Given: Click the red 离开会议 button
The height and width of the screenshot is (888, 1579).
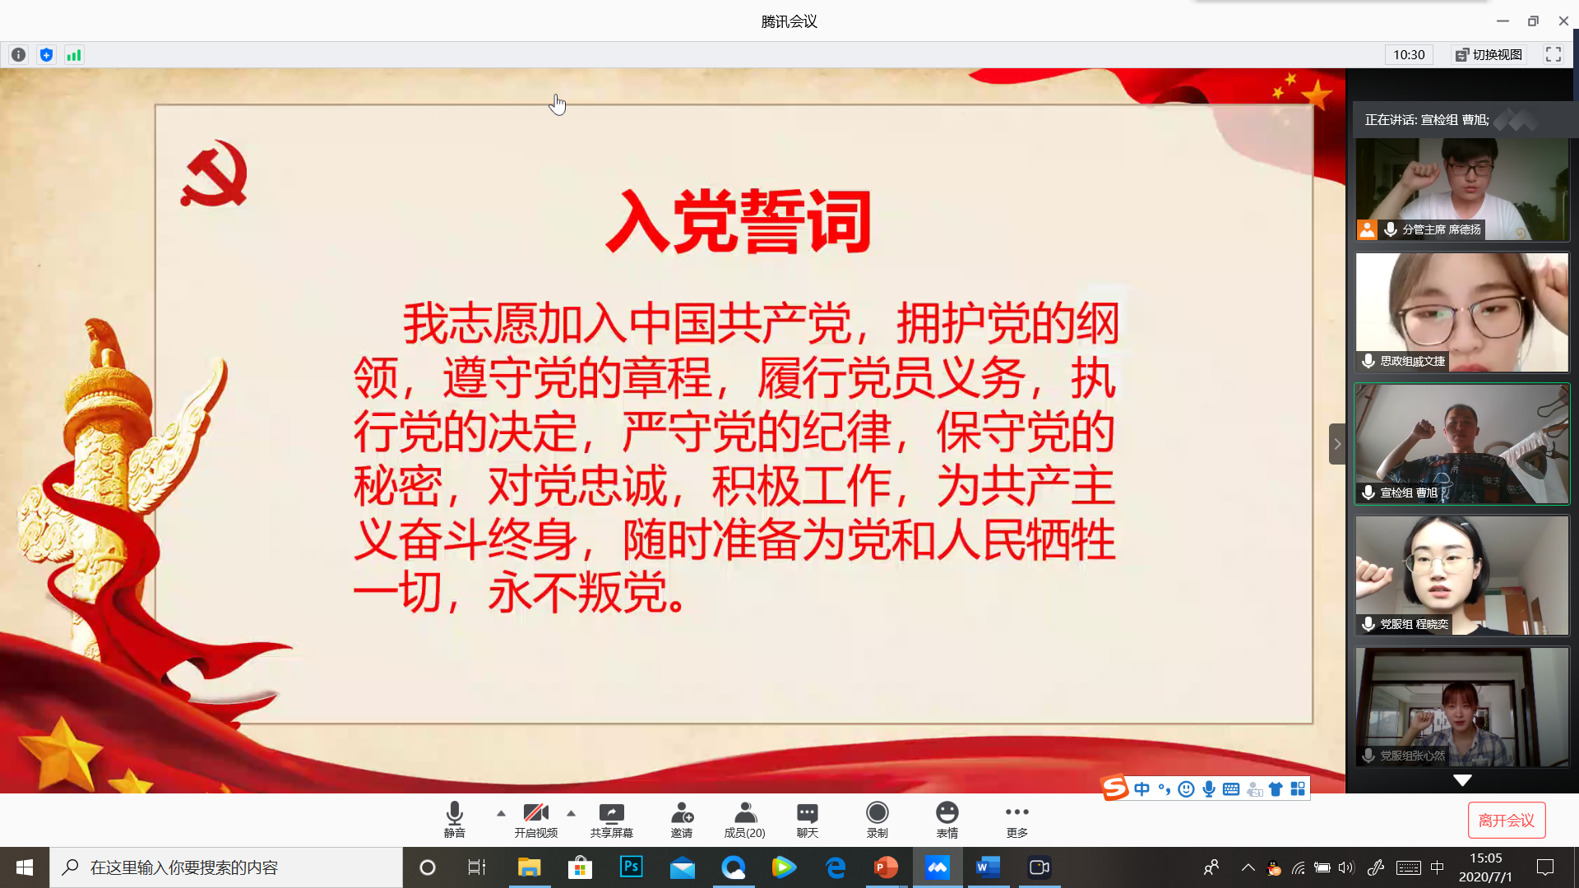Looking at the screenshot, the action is (1507, 820).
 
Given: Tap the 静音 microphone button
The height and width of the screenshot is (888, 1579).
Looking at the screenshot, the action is (454, 820).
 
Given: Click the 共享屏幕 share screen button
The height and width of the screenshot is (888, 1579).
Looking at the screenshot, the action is (611, 820).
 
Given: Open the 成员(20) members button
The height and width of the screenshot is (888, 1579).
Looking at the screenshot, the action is (744, 820).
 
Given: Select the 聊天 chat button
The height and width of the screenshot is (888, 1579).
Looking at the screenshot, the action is (807, 820).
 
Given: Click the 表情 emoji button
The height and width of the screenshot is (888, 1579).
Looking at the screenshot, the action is (947, 820).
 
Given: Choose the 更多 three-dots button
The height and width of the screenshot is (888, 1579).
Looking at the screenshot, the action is (1016, 820).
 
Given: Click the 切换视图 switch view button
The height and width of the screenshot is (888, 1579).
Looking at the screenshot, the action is (1489, 55).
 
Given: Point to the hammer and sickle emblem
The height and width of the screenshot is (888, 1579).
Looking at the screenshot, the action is (214, 173).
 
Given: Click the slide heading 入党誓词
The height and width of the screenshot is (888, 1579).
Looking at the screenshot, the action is (739, 221).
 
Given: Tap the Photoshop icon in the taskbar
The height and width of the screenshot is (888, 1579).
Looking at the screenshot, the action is (631, 867).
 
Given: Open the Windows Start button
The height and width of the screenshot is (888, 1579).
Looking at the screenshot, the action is (25, 867).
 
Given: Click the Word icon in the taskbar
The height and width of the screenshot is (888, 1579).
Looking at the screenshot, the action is (987, 867).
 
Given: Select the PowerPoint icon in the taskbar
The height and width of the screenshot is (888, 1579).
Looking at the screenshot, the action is (886, 867).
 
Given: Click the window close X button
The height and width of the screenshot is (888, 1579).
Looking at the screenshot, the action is (1563, 21).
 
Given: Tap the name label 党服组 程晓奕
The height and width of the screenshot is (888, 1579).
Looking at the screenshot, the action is (1414, 624).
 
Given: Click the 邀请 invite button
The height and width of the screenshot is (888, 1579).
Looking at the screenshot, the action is (682, 820).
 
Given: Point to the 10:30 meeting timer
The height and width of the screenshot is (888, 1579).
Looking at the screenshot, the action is (1409, 55).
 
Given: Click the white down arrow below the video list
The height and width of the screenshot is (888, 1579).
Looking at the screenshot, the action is (1462, 779).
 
